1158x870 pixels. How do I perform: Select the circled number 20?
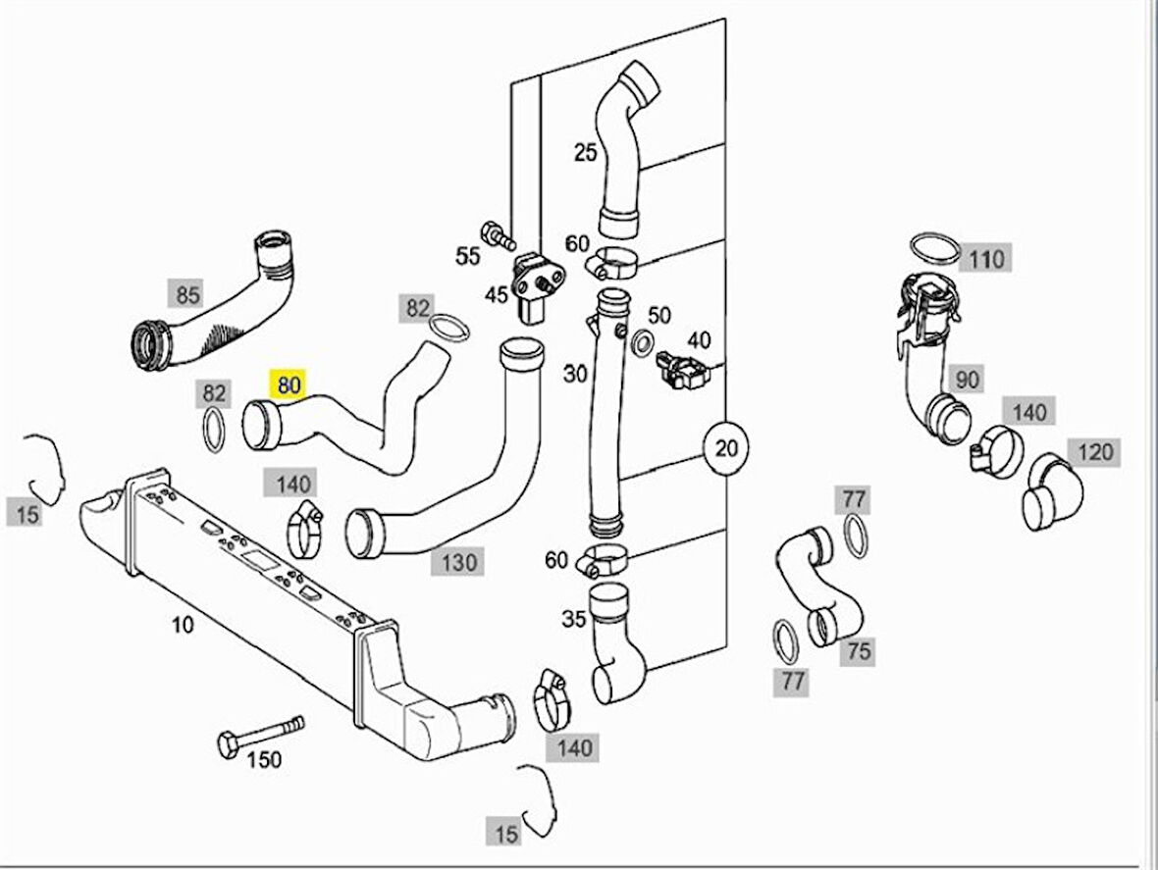pyautogui.click(x=725, y=449)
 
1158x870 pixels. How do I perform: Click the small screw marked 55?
pyautogui.click(x=498, y=233)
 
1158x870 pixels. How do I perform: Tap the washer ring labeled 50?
pyautogui.click(x=643, y=340)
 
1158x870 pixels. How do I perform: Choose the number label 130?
pyautogui.click(x=458, y=562)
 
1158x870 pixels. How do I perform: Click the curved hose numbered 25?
pyautogui.click(x=624, y=147)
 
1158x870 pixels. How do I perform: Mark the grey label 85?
pyautogui.click(x=186, y=293)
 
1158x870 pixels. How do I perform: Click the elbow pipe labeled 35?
pyautogui.click(x=616, y=641)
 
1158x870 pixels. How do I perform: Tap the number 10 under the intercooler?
pyautogui.click(x=183, y=624)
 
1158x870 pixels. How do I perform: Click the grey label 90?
pyautogui.click(x=968, y=379)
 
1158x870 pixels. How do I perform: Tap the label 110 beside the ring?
pyautogui.click(x=985, y=259)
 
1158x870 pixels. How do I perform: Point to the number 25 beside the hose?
pyautogui.click(x=585, y=152)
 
